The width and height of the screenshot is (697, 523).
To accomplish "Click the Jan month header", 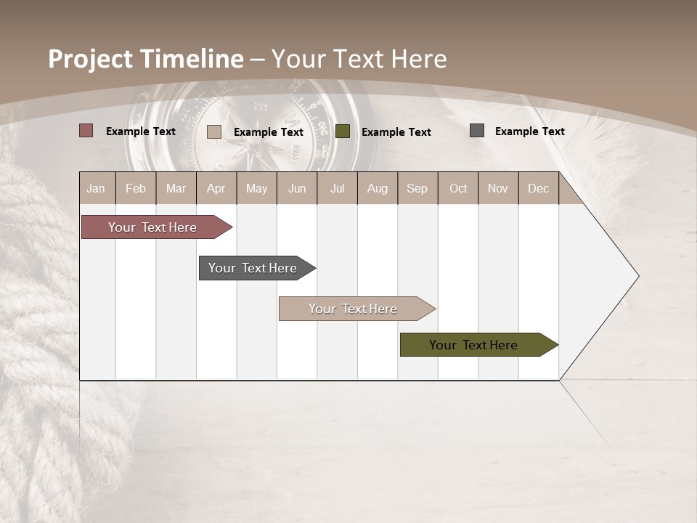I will (97, 188).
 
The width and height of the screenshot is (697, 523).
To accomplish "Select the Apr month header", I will (216, 188).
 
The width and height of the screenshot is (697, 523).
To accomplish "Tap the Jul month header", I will (337, 188).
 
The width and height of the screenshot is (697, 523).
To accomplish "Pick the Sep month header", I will (417, 188).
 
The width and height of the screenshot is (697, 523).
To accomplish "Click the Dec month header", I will (538, 188).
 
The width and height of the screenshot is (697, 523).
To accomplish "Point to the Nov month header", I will (498, 188).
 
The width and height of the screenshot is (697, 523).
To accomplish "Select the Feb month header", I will (136, 188).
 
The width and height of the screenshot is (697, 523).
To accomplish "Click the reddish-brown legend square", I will (86, 131).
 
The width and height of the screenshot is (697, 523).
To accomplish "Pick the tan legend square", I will (213, 131).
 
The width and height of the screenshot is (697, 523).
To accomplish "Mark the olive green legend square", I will (343, 131).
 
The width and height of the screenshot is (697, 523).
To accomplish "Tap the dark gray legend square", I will (476, 131).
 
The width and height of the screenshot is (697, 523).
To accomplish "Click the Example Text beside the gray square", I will (529, 131).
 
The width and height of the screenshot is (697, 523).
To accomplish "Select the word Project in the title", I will (91, 59).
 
